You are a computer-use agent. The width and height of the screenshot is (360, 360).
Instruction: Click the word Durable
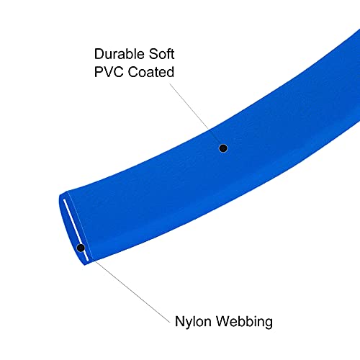click(120, 54)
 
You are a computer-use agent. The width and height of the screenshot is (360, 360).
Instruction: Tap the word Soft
click(161, 54)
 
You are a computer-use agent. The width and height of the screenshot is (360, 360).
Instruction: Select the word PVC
click(109, 72)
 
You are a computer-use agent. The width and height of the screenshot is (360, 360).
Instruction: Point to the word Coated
click(151, 72)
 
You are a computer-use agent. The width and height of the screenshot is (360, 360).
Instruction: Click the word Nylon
click(193, 322)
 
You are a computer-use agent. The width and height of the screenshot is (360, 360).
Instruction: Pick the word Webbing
click(244, 322)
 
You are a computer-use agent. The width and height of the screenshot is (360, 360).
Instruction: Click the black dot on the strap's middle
click(223, 148)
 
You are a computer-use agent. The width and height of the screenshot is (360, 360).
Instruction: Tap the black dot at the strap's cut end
click(81, 248)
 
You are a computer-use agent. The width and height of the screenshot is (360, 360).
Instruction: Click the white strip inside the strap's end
click(76, 230)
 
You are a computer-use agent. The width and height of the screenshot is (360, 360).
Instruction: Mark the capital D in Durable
click(99, 54)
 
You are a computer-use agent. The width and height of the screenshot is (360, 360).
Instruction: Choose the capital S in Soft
click(154, 54)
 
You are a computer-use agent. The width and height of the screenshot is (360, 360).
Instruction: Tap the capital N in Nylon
click(180, 322)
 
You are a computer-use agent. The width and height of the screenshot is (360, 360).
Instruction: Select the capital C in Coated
click(133, 72)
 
